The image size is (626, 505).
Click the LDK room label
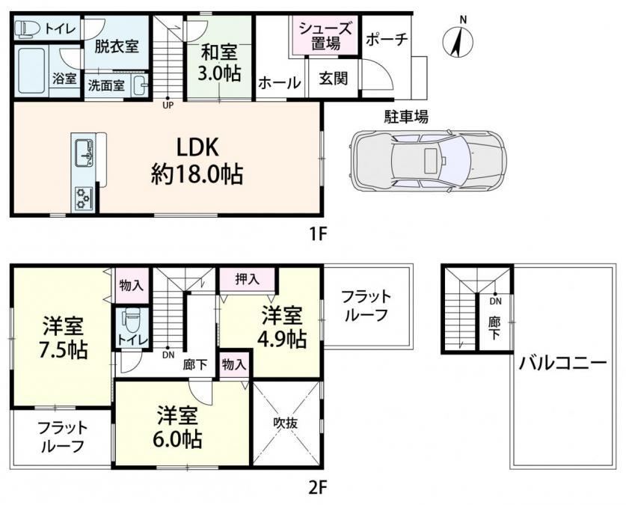pyautogui.click(x=197, y=161)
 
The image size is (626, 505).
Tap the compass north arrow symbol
pyautogui.click(x=458, y=40)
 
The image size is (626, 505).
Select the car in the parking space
pyautogui.click(x=427, y=160)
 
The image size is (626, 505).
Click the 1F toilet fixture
pyautogui.click(x=28, y=29)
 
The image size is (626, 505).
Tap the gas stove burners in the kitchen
pyautogui.click(x=83, y=199)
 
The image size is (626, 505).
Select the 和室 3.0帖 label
pyautogui.click(x=220, y=63)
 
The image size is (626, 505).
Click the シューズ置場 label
pyautogui.click(x=325, y=36)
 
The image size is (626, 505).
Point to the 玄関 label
pyautogui.click(x=333, y=79)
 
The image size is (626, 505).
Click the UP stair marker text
pyautogui.click(x=168, y=105)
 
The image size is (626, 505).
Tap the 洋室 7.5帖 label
pyautogui.click(x=63, y=337)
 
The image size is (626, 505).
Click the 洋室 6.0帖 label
pyautogui.click(x=178, y=427)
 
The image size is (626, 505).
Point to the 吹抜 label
pyautogui.click(x=286, y=423)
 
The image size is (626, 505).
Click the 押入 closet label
pyautogui.click(x=247, y=279)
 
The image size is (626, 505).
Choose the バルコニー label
pyautogui.click(x=562, y=364)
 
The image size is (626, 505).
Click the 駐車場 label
pyautogui.click(x=406, y=117)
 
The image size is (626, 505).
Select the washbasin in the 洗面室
pyautogui.click(x=140, y=85)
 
